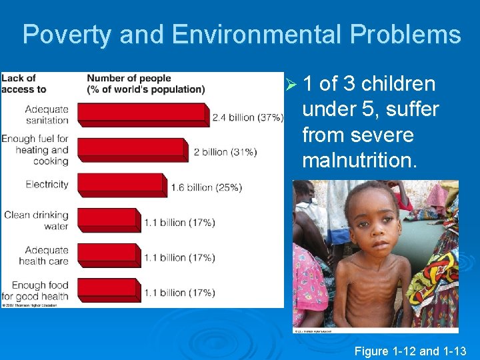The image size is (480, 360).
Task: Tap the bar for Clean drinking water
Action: [109, 220]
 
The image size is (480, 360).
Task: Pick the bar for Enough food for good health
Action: [109, 290]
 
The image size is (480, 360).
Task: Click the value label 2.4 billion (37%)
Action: [247, 117]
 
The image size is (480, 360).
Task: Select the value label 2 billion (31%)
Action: [225, 152]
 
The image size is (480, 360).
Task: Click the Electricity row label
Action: [47, 184]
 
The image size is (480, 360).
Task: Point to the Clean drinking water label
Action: [36, 220]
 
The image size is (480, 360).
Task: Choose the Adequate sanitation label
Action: [47, 114]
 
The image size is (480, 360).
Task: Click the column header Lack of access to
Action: [23, 84]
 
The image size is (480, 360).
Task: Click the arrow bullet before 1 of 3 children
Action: [289, 85]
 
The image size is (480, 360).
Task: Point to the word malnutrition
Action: [360, 161]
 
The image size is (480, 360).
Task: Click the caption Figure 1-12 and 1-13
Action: [411, 351]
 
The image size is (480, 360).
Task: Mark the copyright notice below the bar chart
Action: [29, 305]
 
